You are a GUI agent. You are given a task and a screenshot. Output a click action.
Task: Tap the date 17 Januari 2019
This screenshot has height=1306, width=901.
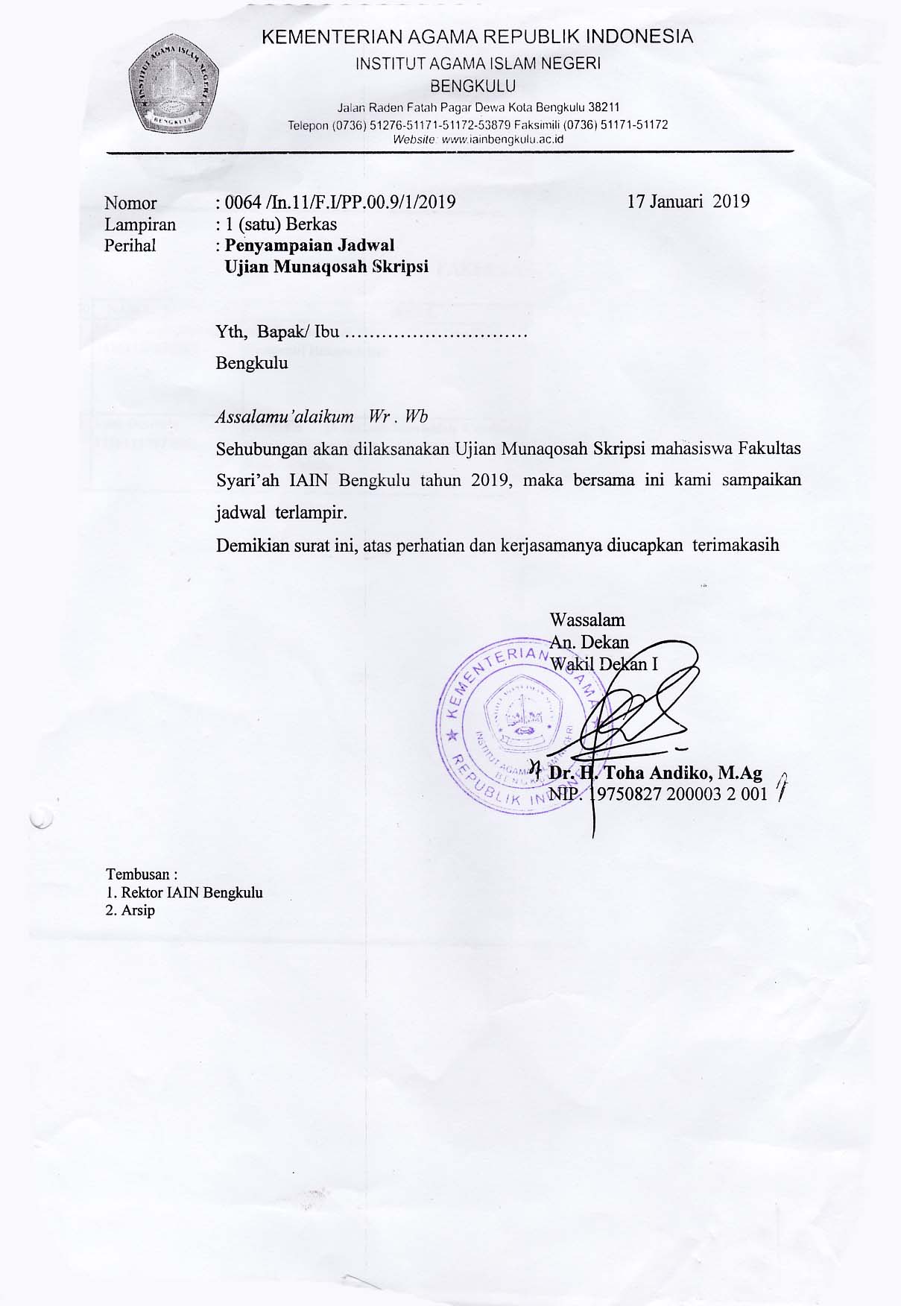pyautogui.click(x=688, y=201)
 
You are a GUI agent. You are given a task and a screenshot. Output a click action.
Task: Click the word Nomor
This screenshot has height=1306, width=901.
pyautogui.click(x=130, y=203)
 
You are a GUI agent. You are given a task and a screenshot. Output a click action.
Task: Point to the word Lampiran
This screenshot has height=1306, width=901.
pyautogui.click(x=140, y=224)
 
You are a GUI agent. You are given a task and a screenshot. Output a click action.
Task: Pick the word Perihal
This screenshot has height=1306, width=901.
pyautogui.click(x=130, y=245)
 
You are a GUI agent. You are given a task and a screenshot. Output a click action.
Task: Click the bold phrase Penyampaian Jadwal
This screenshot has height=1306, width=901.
pyautogui.click(x=309, y=245)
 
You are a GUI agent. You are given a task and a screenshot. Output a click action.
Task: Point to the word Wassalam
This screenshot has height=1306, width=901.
pyautogui.click(x=587, y=619)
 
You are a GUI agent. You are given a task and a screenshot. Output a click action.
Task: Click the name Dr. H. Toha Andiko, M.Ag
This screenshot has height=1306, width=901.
pyautogui.click(x=656, y=773)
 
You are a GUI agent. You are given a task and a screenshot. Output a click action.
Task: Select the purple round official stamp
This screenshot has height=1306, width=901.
pyautogui.click(x=522, y=720)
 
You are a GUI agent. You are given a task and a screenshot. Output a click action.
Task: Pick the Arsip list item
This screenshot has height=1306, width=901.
pyautogui.click(x=138, y=910)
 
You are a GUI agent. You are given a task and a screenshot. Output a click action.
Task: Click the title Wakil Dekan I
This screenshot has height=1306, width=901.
pyautogui.click(x=604, y=663)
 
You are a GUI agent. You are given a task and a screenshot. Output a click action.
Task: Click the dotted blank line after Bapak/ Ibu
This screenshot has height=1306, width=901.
pyautogui.click(x=437, y=333)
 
